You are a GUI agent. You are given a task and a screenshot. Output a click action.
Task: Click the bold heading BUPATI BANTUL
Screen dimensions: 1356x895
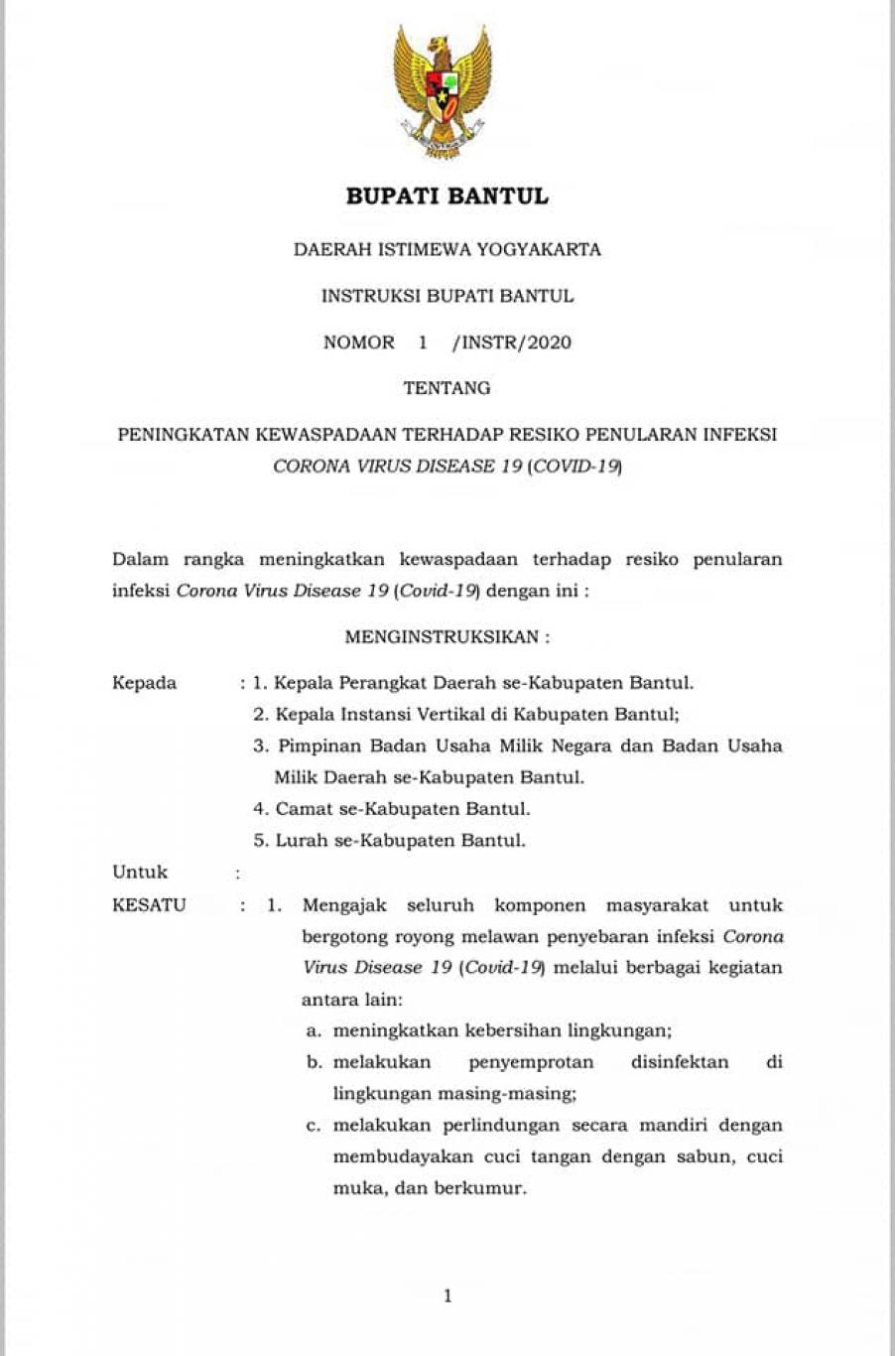(x=447, y=197)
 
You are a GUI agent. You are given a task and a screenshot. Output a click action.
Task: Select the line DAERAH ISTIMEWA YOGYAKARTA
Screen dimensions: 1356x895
(x=447, y=249)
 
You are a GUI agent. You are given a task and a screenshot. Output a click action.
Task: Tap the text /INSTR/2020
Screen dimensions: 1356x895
(x=511, y=342)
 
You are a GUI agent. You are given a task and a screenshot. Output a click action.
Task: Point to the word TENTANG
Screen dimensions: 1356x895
(x=447, y=388)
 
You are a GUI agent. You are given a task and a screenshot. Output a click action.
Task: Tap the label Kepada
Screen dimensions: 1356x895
(x=145, y=683)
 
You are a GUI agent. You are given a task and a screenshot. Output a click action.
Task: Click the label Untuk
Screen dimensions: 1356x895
(x=140, y=873)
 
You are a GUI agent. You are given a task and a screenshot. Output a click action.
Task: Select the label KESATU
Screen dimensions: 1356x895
(x=149, y=905)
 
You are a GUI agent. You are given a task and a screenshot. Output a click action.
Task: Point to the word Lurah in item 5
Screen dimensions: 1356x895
(x=300, y=841)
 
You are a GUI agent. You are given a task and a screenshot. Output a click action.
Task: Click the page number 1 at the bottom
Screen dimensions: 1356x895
(x=447, y=1295)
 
